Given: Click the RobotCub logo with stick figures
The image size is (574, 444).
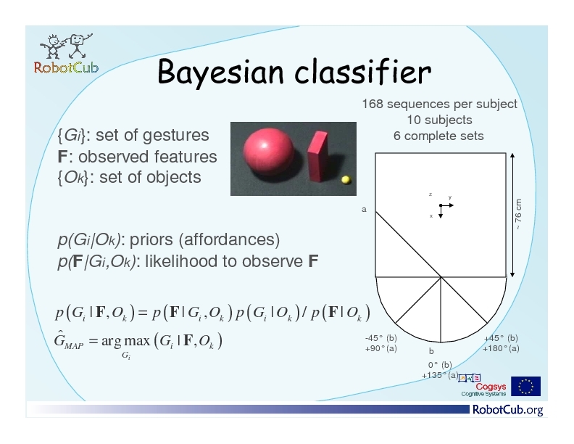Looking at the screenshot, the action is click(66, 54).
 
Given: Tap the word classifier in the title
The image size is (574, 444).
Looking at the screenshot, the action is click(363, 71).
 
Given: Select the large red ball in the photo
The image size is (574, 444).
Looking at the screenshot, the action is click(268, 149).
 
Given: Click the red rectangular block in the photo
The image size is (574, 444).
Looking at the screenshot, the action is click(317, 156).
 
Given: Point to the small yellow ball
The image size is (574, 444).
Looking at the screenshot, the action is click(346, 179).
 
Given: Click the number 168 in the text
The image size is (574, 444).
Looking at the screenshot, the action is click(373, 104).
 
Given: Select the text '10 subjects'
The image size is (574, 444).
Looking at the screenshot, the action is click(439, 120).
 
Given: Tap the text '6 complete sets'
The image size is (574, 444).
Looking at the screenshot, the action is click(438, 136).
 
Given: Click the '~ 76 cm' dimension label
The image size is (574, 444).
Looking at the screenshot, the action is click(518, 214).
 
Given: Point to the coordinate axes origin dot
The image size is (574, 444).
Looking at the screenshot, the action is click(441, 205).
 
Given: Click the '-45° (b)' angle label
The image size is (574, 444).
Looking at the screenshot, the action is click(380, 338).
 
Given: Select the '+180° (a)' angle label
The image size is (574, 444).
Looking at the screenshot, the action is click(501, 348).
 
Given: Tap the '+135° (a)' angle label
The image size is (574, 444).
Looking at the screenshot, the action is click(440, 375).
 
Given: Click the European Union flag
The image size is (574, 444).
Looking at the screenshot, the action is click(525, 386).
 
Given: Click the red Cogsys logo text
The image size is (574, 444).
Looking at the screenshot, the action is click(491, 387).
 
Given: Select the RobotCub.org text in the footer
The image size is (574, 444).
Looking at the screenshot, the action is click(508, 410).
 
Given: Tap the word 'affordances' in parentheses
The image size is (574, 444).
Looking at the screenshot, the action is click(229, 239).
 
